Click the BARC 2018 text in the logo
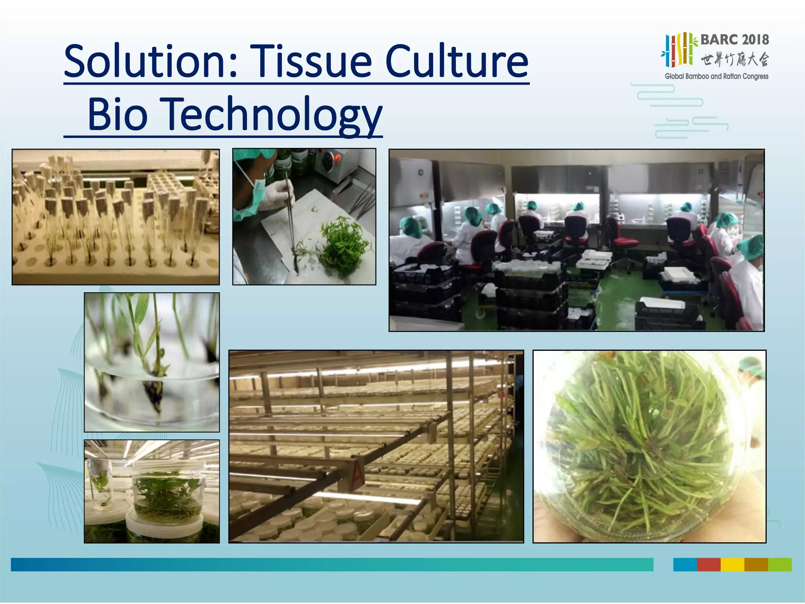[x=734, y=40]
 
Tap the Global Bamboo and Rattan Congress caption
[x=716, y=76]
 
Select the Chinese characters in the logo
[x=734, y=59]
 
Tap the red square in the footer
[x=708, y=564]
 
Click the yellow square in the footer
[x=732, y=564]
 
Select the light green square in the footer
[x=779, y=564]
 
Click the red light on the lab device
[x=336, y=158]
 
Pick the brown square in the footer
[x=756, y=564]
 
